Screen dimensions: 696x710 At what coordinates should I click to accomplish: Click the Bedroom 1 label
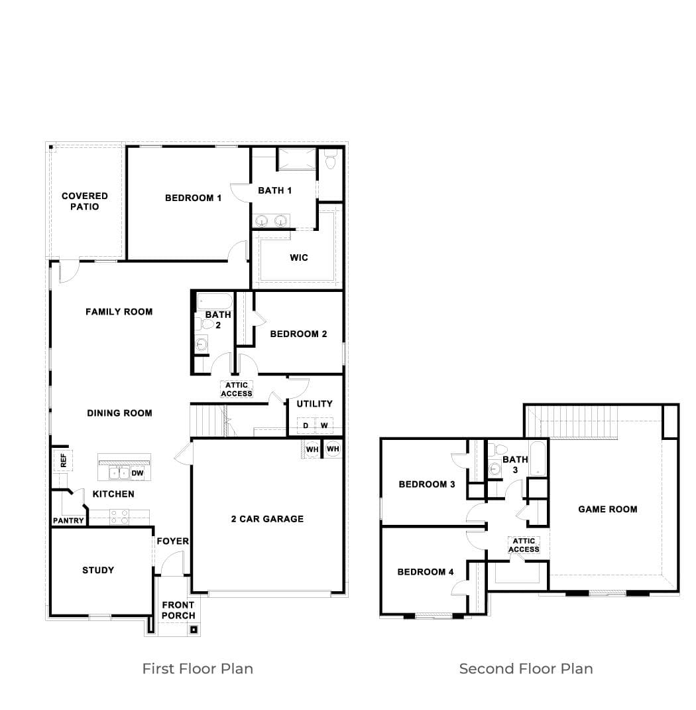click(x=193, y=198)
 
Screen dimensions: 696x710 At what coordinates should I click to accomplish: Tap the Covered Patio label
click(x=85, y=201)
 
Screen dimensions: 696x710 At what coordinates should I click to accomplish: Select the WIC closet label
click(x=299, y=257)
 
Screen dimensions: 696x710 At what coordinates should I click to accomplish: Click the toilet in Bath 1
click(x=331, y=160)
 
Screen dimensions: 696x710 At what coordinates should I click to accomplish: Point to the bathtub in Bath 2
click(x=214, y=301)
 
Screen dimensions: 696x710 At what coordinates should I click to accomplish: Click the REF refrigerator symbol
click(x=63, y=461)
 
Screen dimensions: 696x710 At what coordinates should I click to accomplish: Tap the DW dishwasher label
click(x=137, y=473)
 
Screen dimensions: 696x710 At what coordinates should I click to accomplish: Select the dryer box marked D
click(x=306, y=425)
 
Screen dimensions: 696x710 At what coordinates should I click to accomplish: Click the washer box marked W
click(x=324, y=425)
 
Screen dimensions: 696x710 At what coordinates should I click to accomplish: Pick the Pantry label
click(x=68, y=521)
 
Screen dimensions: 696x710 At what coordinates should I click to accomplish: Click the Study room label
click(x=98, y=570)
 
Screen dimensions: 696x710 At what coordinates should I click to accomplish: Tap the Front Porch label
click(x=178, y=610)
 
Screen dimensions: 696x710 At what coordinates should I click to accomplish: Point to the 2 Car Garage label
click(x=267, y=519)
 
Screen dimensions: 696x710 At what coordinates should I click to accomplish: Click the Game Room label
click(x=608, y=510)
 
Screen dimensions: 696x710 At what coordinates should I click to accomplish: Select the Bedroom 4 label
click(x=426, y=572)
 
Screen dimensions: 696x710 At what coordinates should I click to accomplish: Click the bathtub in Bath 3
click(x=538, y=459)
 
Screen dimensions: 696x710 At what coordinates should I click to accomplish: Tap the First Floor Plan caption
click(x=198, y=669)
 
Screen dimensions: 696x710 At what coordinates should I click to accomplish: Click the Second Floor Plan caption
click(x=526, y=669)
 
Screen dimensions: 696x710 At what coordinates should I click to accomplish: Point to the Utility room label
click(x=315, y=403)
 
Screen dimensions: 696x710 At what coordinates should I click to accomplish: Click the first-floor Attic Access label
click(x=237, y=390)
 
